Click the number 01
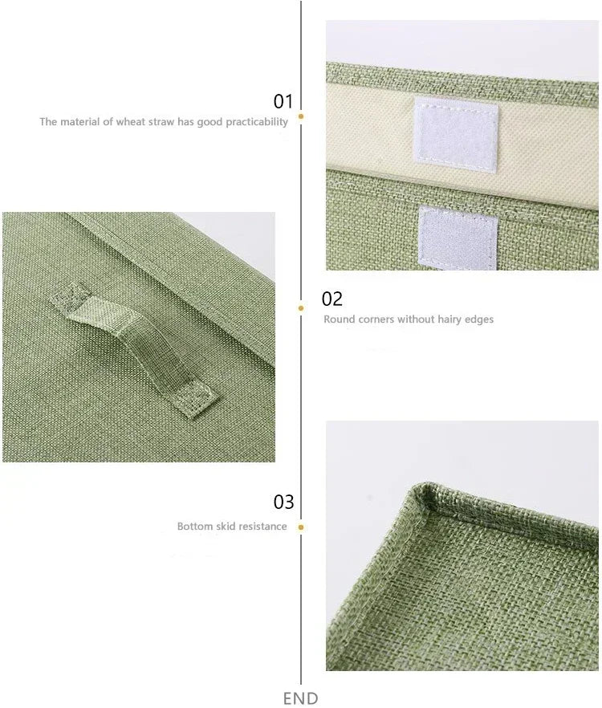coord(283,102)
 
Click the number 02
coord(332,299)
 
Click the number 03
coord(283,503)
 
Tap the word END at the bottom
coord(300,698)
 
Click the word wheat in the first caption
coord(131,122)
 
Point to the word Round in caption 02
coord(338,319)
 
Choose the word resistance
coord(263,527)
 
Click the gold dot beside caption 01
coord(301,116)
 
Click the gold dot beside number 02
coord(301,307)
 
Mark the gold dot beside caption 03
coord(301,527)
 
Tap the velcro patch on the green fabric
coord(458,238)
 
